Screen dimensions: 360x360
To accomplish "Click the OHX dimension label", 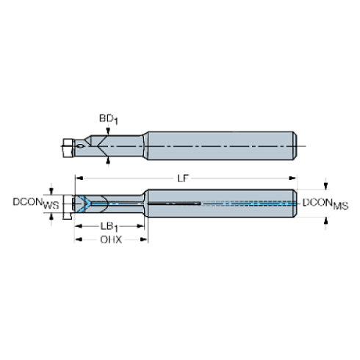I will pyautogui.click(x=111, y=240).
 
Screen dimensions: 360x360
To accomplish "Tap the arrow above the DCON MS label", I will pyautogui.click(x=326, y=184).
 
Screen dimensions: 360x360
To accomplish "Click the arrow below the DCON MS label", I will pyautogui.click(x=326, y=222).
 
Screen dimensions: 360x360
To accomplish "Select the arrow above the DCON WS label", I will pyautogui.click(x=50, y=186).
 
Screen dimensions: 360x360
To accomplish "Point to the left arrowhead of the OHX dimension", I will pyautogui.click(x=76, y=240).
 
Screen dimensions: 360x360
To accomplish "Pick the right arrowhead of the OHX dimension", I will pyautogui.click(x=145, y=240).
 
